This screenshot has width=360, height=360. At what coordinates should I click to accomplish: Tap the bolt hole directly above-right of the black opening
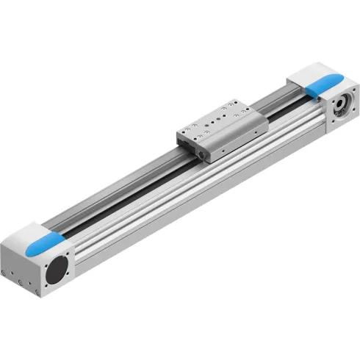[71, 253]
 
